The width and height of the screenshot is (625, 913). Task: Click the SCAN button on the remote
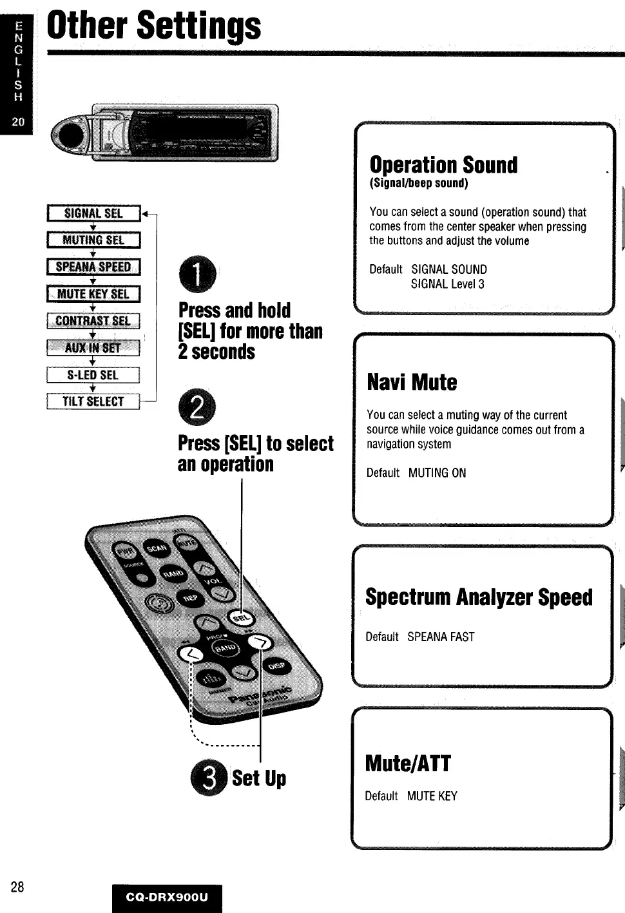[x=156, y=548]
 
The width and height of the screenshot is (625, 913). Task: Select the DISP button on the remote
[x=276, y=666]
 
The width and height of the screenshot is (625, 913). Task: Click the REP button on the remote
[x=190, y=598]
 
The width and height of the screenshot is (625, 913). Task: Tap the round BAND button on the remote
[x=225, y=648]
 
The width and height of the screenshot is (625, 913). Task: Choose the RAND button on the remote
[x=173, y=573]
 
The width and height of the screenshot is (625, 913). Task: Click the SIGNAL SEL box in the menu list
[x=93, y=213]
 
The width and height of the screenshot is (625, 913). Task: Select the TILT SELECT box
[x=93, y=401]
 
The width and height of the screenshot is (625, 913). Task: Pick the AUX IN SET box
[x=93, y=348]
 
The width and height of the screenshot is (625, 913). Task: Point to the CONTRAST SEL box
[x=93, y=321]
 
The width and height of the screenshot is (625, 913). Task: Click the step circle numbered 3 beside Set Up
[x=209, y=778]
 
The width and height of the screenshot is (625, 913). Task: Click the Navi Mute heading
[x=412, y=382]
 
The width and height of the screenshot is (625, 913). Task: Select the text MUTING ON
[x=437, y=473]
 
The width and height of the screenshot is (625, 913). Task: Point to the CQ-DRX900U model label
[x=167, y=897]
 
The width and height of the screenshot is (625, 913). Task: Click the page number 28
[x=17, y=887]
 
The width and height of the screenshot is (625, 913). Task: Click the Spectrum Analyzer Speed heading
[x=479, y=597]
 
